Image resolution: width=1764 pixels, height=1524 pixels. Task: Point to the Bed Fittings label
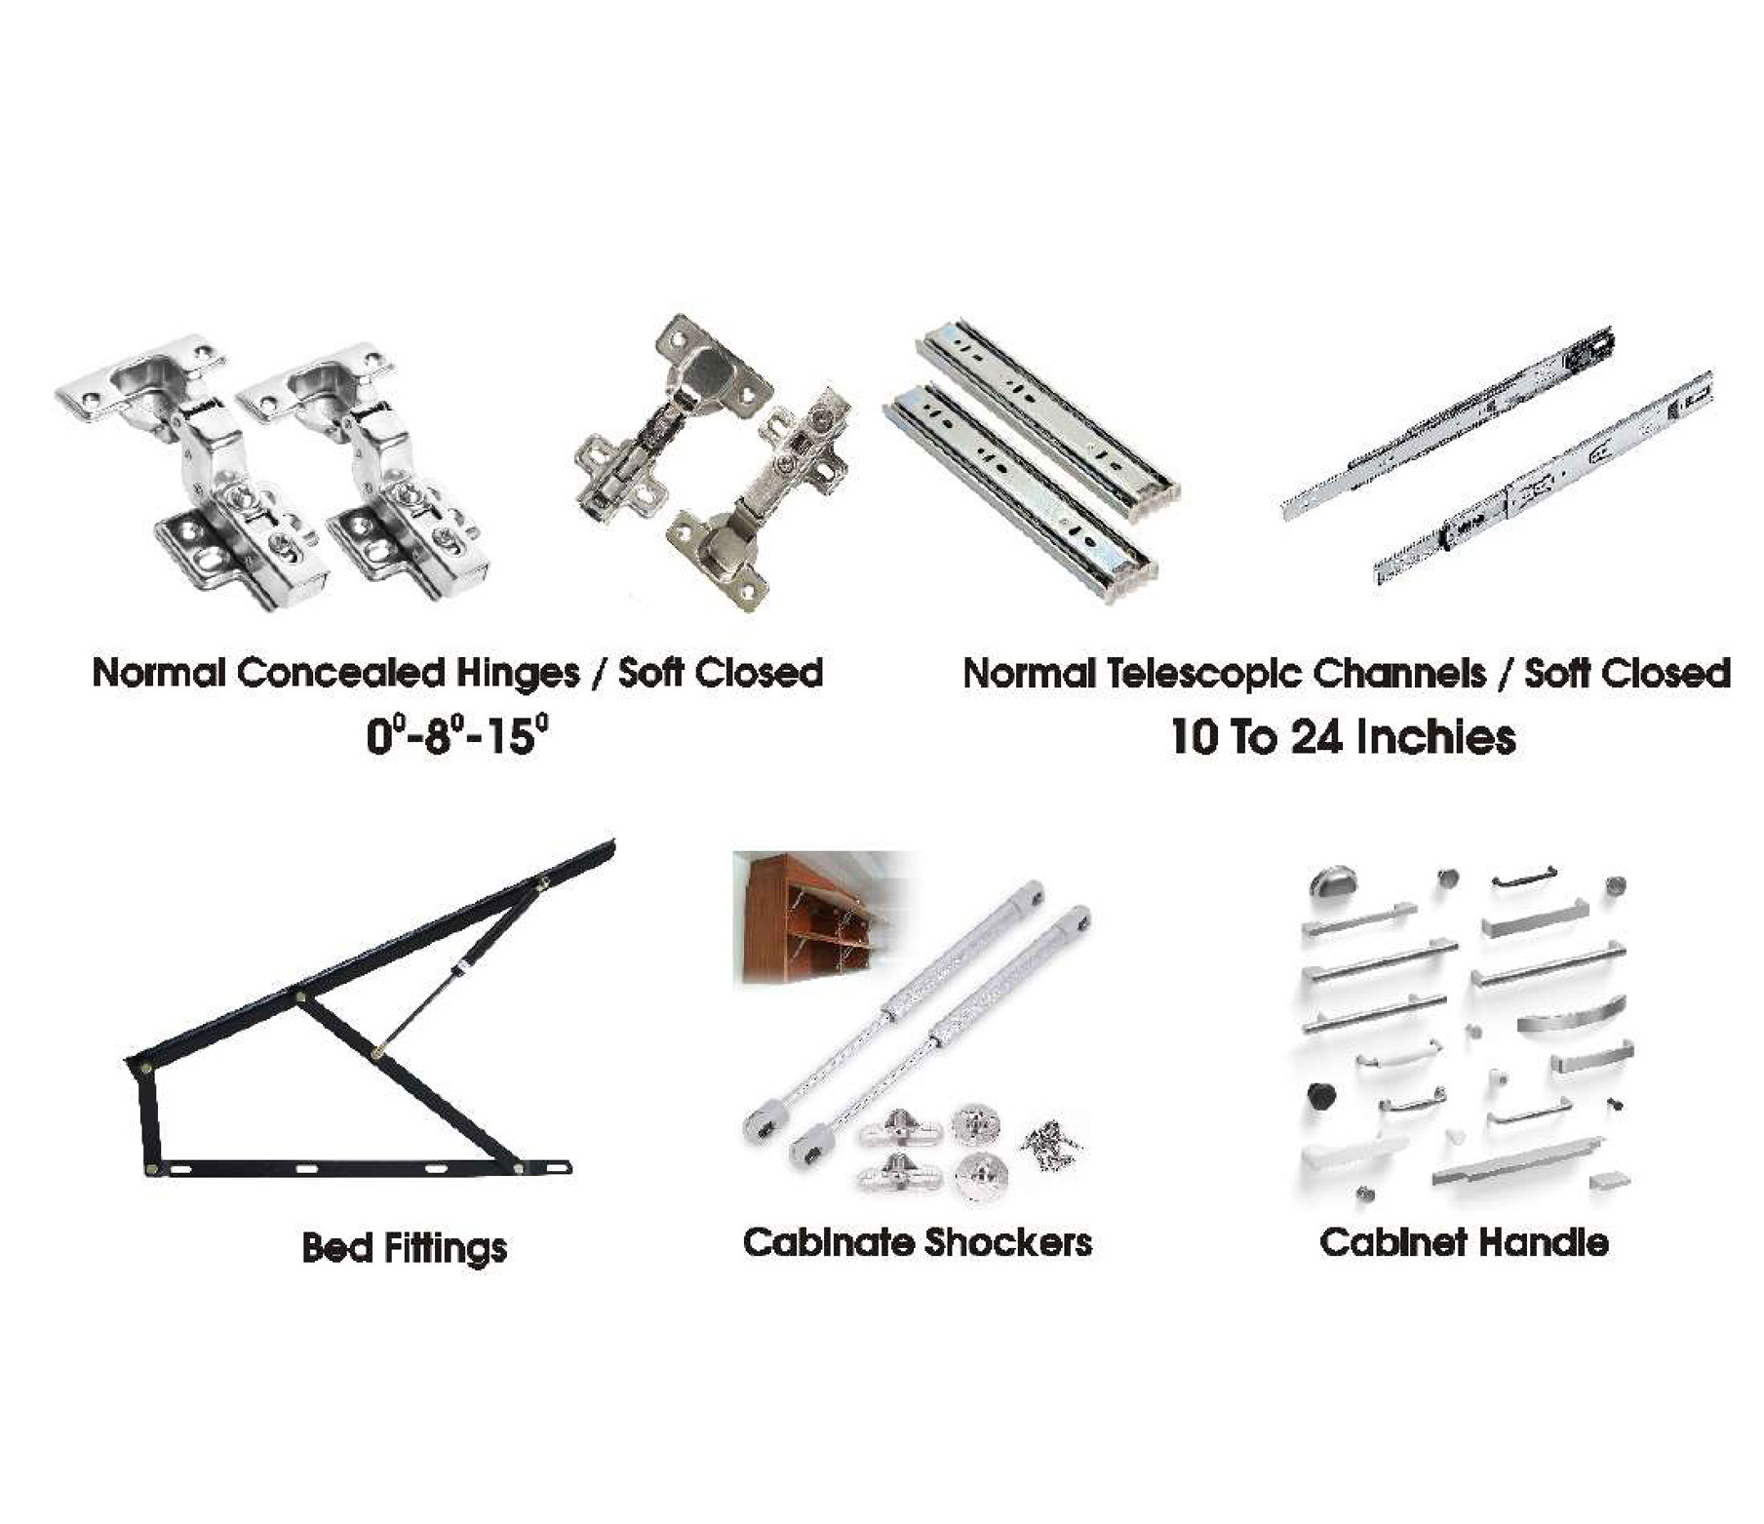(405, 1248)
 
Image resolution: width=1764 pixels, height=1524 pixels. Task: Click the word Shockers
(1008, 1243)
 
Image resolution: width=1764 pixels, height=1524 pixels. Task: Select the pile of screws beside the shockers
(1050, 1141)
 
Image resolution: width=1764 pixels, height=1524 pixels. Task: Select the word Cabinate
(828, 1243)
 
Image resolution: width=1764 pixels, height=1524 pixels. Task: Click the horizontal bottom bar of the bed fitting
(358, 1167)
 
